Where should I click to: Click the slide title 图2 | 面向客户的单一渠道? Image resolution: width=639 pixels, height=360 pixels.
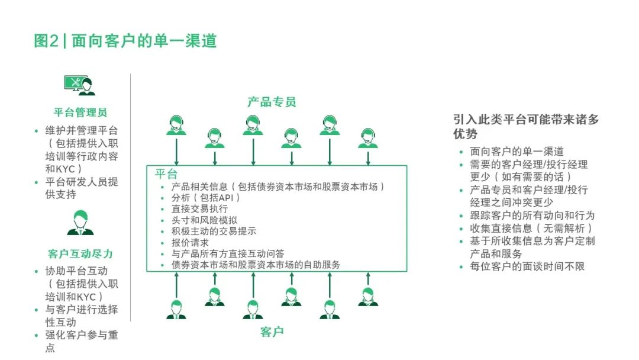125,41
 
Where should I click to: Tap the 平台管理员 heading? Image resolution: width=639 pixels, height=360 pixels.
80,112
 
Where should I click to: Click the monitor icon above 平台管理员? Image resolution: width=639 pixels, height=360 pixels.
79,85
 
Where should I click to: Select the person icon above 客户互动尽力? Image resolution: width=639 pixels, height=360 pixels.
80,223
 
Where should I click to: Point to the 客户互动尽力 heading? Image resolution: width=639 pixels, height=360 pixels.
80,253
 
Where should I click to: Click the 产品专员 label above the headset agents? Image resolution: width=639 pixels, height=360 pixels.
272,101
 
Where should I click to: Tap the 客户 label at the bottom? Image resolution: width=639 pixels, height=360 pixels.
272,332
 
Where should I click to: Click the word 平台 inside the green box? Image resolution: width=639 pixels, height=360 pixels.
166,174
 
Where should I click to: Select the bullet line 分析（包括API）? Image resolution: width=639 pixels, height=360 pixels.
205,198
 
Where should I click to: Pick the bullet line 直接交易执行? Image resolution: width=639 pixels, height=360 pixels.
199,209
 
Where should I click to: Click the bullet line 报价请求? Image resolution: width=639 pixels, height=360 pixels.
190,243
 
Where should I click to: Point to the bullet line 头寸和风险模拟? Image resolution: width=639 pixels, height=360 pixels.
204,220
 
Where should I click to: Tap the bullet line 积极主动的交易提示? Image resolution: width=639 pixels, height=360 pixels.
214,231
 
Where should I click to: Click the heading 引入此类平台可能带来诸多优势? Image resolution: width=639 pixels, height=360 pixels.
526,126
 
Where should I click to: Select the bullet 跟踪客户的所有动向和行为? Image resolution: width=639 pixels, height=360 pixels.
532,216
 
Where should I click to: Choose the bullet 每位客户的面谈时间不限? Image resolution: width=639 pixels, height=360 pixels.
527,266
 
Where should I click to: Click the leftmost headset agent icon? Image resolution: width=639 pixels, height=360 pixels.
176,125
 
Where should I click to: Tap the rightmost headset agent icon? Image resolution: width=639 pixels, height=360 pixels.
368,138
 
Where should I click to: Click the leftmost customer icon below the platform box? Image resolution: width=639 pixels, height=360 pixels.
176,310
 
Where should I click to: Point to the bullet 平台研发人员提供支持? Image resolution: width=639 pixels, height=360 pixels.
82,188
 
